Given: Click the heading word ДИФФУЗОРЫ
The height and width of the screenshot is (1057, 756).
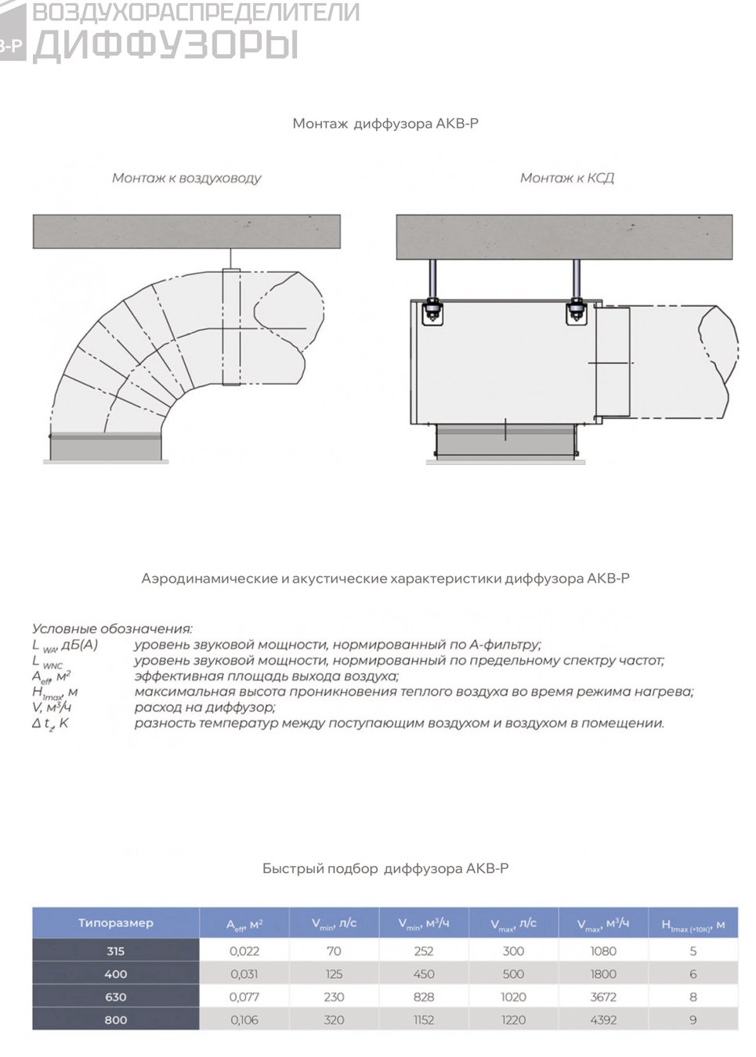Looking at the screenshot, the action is point(166,45).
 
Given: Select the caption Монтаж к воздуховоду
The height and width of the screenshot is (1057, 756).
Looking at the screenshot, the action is point(186,179).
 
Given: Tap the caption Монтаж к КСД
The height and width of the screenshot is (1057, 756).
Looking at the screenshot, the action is point(567,179).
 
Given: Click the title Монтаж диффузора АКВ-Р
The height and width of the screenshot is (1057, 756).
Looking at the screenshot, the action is point(385,124).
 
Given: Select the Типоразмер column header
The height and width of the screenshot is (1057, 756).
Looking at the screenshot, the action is point(116,922).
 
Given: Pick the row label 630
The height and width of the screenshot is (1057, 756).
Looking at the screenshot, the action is point(116,996).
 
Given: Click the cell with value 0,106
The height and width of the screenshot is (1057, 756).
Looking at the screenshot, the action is point(244,1019).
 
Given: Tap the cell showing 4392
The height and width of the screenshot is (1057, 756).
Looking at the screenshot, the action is point(603,1019).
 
